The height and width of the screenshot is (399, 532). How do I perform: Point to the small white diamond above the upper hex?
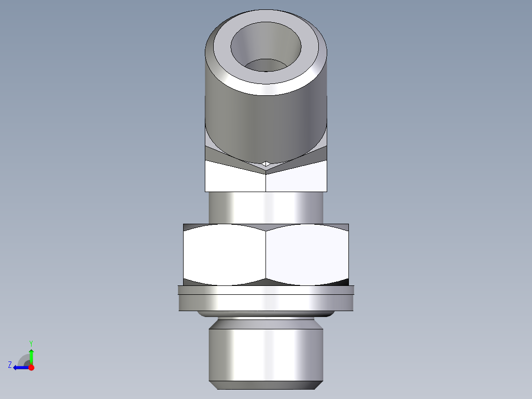tap(266, 163)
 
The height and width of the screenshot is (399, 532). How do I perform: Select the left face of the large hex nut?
tap(225, 254)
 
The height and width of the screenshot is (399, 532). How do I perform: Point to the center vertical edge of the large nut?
tap(266, 254)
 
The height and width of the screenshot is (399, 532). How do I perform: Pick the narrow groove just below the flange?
tap(266, 317)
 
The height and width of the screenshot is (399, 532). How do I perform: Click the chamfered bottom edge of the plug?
tap(266, 385)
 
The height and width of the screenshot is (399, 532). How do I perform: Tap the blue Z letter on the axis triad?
tap(10, 365)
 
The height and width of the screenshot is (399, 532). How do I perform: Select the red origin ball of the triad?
tap(31, 367)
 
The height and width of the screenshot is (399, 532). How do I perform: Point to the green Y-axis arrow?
tap(31, 356)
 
